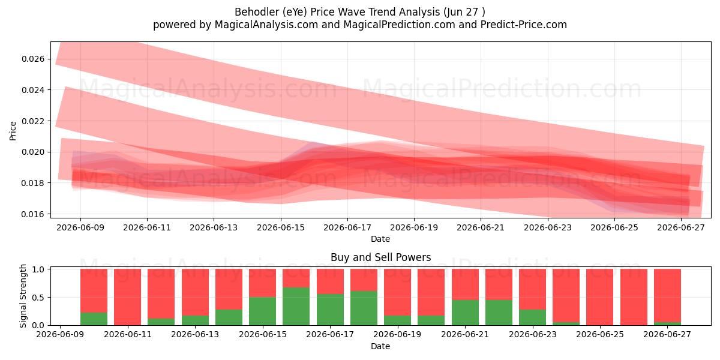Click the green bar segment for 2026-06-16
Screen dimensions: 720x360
coord(296,306)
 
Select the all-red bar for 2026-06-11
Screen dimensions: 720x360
coord(127,297)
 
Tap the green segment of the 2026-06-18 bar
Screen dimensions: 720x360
coord(364,308)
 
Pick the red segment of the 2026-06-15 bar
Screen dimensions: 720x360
coord(262,283)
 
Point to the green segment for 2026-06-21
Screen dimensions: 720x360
coord(465,313)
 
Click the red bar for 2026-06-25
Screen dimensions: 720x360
coord(600,297)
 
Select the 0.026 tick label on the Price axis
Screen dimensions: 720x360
coord(33,59)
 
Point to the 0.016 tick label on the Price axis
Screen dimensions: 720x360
coord(33,214)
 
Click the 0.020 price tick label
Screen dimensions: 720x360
coord(33,152)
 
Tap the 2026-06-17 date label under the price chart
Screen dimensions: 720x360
coord(347,227)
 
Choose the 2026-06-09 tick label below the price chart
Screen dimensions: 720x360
coord(80,227)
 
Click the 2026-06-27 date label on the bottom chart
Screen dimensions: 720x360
coord(667,334)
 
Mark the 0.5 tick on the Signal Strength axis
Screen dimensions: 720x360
coord(39,298)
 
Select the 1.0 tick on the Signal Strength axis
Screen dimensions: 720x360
coord(39,269)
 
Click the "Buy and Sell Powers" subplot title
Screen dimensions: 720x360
coord(380,257)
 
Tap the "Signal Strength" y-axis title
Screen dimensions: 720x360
coord(23,296)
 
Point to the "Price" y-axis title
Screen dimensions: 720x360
coord(13,131)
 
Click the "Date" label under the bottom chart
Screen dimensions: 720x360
coord(380,346)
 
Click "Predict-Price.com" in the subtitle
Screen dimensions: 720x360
coord(524,25)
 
